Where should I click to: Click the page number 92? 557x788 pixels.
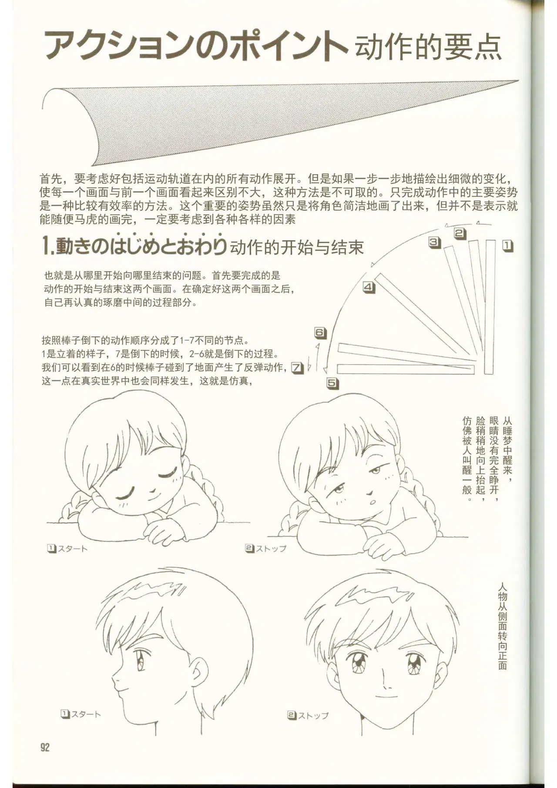tap(45, 747)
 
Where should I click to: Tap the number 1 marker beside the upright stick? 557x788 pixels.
tap(508, 246)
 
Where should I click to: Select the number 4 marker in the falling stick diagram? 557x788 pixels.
tap(369, 287)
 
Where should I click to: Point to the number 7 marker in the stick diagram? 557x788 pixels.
tap(297, 368)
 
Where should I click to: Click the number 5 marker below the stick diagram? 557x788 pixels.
tap(332, 383)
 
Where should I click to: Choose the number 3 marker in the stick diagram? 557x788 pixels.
tap(434, 242)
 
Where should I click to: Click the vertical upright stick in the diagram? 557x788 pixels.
tap(490, 307)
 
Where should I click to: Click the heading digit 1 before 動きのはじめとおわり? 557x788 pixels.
tap(46, 247)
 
